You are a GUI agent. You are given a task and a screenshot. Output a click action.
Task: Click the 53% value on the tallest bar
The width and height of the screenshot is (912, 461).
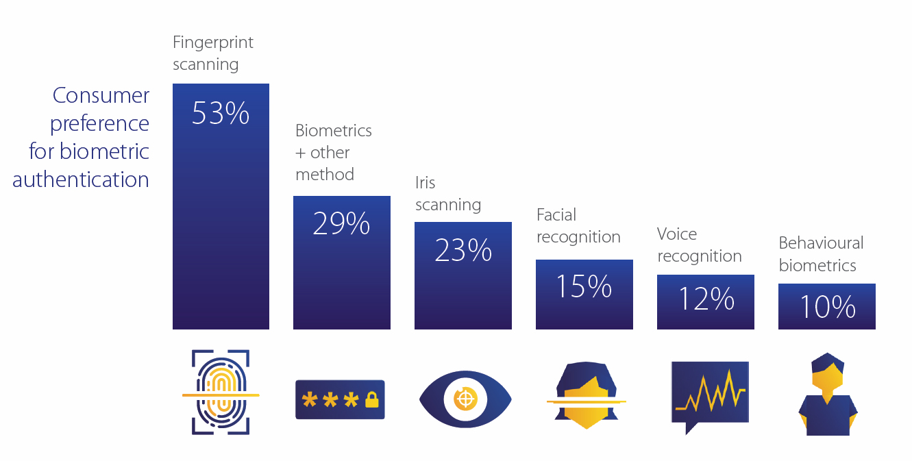coord(220,114)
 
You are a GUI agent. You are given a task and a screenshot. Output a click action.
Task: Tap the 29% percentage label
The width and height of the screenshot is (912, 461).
coord(341,224)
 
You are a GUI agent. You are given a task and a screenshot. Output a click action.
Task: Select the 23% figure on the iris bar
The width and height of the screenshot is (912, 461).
coord(463,251)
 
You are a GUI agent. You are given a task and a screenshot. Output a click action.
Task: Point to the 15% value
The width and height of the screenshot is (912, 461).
coord(584,286)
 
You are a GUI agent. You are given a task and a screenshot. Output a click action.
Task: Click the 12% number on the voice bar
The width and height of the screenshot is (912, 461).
coord(706,299)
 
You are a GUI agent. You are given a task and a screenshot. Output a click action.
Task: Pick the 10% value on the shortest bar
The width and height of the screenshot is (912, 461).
coord(827,308)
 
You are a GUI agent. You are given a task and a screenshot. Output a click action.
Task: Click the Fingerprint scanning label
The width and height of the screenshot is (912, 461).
coord(212,53)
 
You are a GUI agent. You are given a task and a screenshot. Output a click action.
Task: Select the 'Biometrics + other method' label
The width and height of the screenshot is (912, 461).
coord(334,152)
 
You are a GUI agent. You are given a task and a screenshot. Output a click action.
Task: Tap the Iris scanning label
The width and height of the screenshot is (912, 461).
coord(448,194)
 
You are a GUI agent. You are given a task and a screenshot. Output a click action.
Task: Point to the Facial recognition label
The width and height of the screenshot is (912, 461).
coord(578,226)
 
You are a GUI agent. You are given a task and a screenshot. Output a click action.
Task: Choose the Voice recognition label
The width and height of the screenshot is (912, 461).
coord(699,245)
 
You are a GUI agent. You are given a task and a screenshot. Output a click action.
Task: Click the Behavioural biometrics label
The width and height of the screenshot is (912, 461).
coord(821,254)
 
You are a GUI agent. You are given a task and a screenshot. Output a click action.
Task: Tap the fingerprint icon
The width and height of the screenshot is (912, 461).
coord(221,393)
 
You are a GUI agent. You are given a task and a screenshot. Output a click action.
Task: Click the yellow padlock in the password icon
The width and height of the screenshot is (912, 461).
coord(372,399)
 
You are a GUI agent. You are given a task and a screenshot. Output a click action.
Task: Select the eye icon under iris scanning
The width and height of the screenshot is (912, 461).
coord(465,399)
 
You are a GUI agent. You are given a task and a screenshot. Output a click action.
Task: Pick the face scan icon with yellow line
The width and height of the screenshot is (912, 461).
coord(586,396)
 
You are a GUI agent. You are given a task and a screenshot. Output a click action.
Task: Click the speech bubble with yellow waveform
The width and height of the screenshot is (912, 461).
coord(710,396)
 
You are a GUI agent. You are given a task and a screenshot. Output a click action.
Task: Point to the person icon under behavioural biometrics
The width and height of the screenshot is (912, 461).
coord(828,395)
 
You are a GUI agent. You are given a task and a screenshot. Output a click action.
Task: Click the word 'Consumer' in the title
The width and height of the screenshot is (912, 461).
coord(101,96)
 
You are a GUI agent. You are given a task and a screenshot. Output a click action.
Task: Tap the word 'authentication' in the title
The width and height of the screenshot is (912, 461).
coord(81,179)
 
